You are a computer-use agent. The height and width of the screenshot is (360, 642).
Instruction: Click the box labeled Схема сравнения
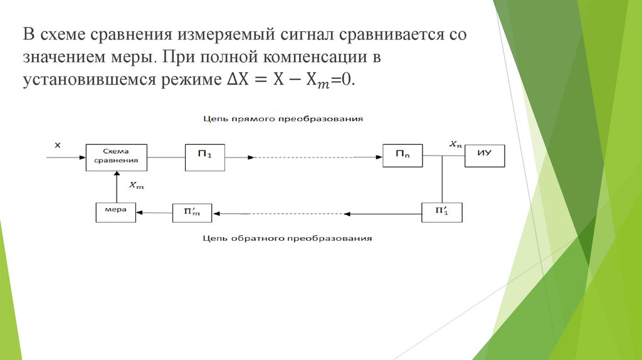[x=116, y=157]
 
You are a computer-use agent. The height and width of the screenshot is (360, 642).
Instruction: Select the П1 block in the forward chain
[x=204, y=157]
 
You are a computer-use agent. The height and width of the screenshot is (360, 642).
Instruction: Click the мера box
[x=116, y=212]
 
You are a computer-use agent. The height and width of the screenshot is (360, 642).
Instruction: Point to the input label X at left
[x=57, y=145]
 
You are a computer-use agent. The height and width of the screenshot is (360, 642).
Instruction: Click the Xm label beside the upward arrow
[x=135, y=185]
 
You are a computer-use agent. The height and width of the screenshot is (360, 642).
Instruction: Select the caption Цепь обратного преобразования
[x=288, y=238]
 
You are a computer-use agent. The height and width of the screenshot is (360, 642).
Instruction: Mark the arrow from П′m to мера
[x=155, y=213]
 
